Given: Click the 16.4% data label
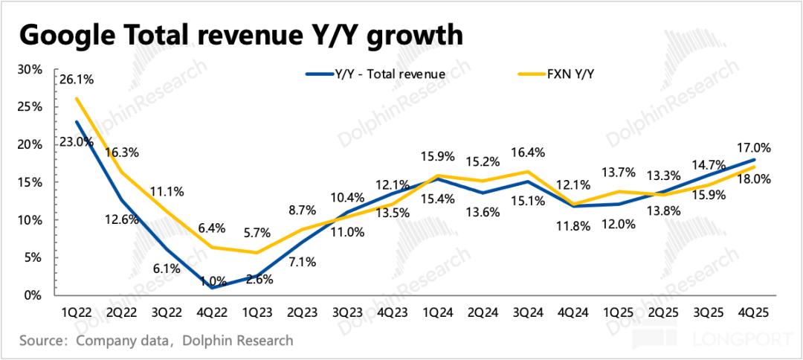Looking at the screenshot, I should pyautogui.click(x=529, y=153).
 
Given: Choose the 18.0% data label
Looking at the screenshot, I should pyautogui.click(x=753, y=179).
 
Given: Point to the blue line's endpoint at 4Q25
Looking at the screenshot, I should pyautogui.click(x=755, y=159).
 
